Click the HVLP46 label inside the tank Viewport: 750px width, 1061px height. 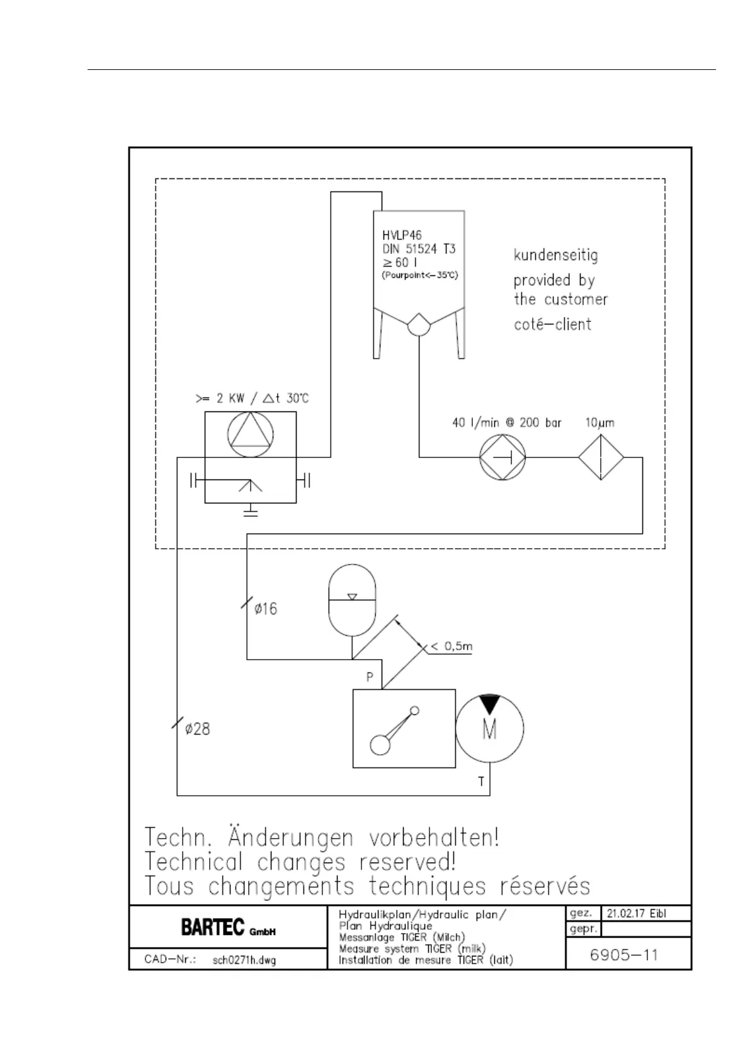point(402,236)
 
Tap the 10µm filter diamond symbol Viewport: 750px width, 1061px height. point(601,457)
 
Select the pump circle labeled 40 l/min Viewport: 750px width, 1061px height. point(503,457)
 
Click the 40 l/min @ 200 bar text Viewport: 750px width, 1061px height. point(506,423)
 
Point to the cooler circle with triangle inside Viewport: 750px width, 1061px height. point(251,435)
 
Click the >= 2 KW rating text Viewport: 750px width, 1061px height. point(252,399)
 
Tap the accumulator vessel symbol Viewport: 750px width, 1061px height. point(352,601)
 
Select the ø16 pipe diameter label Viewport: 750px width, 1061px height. point(265,609)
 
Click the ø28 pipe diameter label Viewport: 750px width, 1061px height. point(197,729)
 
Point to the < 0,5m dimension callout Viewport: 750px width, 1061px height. point(451,646)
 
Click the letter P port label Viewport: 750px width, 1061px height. point(370,677)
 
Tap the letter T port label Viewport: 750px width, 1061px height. point(481,782)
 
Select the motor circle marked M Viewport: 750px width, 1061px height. point(489,728)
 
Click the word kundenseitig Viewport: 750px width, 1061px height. point(555,256)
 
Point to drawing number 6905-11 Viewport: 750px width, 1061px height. point(623,955)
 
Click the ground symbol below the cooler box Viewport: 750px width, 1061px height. point(251,511)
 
